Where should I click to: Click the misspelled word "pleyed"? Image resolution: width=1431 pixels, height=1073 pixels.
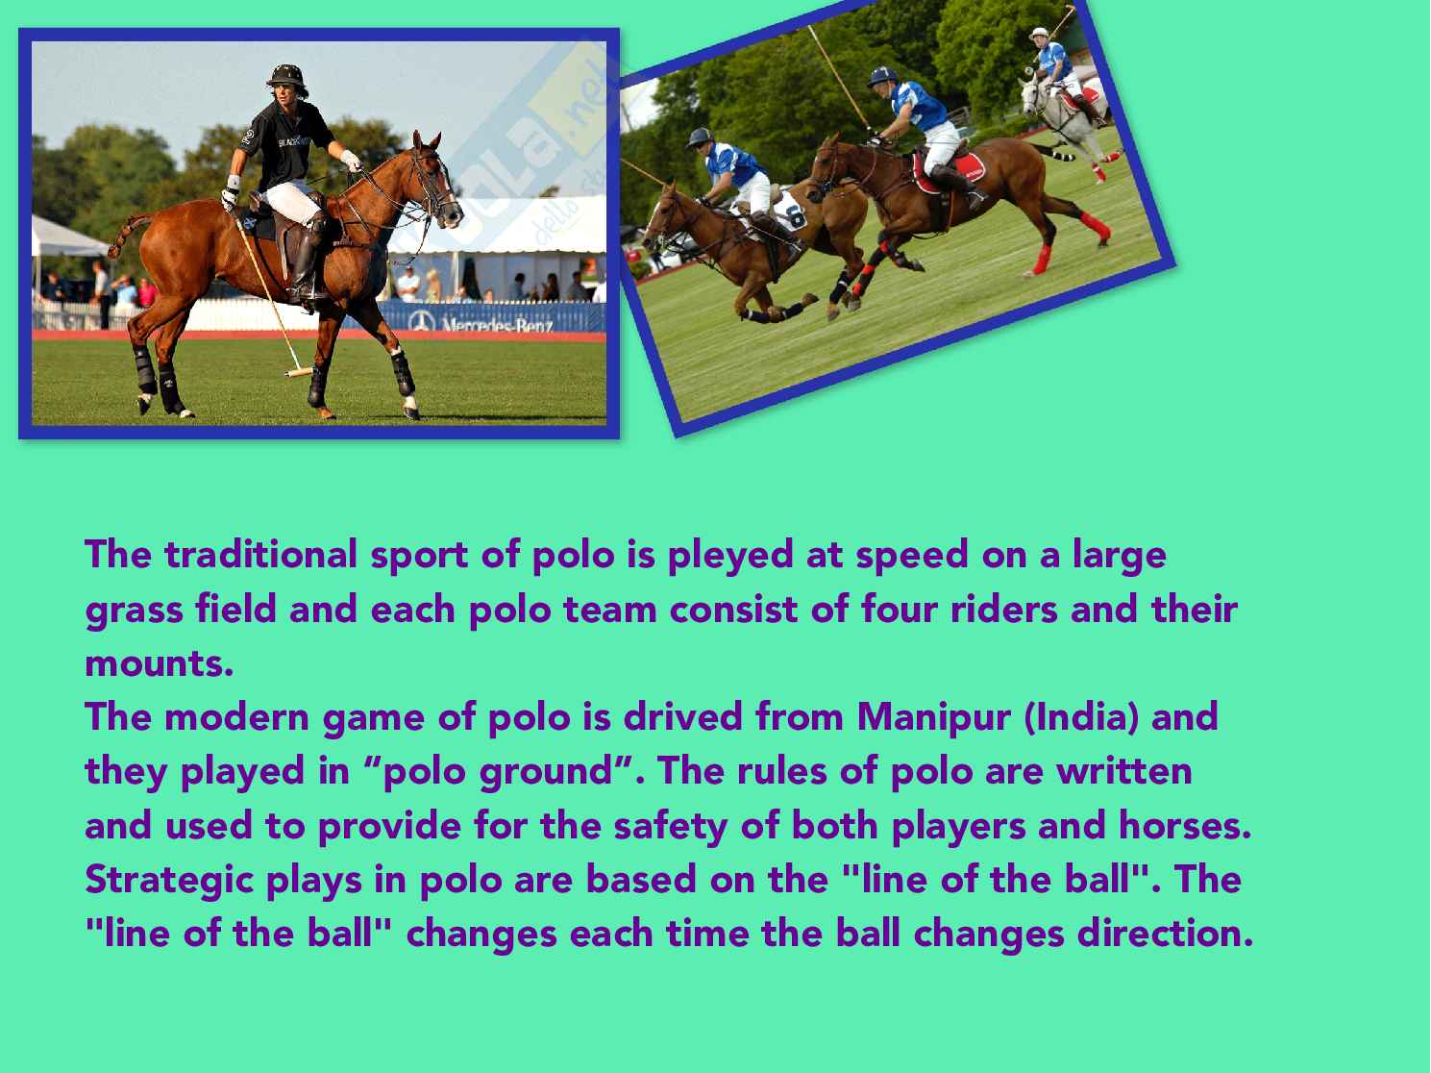click(729, 557)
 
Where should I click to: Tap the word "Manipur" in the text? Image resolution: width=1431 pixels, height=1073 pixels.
click(933, 718)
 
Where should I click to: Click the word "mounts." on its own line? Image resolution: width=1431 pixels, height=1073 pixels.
click(160, 664)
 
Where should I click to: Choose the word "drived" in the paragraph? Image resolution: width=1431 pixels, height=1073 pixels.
click(682, 717)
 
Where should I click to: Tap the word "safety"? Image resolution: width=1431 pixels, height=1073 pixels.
click(670, 827)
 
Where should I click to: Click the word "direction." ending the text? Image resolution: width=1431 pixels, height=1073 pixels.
click(1165, 934)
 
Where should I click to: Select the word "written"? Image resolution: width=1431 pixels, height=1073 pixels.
click(1123, 772)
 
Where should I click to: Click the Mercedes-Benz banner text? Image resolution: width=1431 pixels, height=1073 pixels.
click(497, 324)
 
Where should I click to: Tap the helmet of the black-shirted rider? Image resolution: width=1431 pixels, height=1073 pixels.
click(286, 78)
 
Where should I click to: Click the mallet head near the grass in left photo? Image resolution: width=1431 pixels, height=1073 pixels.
click(299, 372)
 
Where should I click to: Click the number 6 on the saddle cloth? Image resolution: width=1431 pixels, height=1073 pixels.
click(796, 216)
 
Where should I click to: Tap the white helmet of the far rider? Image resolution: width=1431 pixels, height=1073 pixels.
click(1039, 33)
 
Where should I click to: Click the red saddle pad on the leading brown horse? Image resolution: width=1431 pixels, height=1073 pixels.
click(950, 172)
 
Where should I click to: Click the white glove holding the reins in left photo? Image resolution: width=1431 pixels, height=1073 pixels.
click(351, 161)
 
